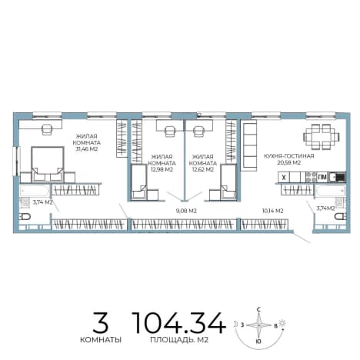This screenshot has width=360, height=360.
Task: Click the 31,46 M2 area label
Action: [86, 149]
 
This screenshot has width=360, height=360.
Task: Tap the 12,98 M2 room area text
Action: [162, 169]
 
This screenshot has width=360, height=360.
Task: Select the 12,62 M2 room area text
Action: [203, 169]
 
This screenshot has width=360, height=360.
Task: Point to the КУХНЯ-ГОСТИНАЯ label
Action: [289, 156]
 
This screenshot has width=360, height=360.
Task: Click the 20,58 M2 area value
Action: [289, 162]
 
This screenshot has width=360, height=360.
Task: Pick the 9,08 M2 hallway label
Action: [186, 211]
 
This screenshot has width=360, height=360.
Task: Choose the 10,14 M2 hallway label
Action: [272, 211]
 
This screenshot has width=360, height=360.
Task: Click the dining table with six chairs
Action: [322, 137]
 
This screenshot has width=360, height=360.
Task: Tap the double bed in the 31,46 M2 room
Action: [48, 165]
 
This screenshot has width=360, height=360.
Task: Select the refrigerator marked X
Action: [284, 177]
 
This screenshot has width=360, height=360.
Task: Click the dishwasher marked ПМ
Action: [322, 177]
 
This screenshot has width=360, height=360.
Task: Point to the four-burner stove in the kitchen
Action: [312, 177]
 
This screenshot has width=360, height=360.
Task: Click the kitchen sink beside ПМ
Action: [337, 177]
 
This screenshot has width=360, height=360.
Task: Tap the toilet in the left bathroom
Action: [25, 217]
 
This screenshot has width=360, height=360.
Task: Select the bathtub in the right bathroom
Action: [331, 192]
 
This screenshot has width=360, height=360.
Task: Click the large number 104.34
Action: [179, 323]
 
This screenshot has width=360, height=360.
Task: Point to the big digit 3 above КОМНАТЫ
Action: [101, 322]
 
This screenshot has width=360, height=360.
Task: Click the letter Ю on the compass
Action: [258, 342]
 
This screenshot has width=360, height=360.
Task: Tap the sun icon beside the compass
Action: [282, 323]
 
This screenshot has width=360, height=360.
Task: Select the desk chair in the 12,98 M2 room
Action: [169, 131]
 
